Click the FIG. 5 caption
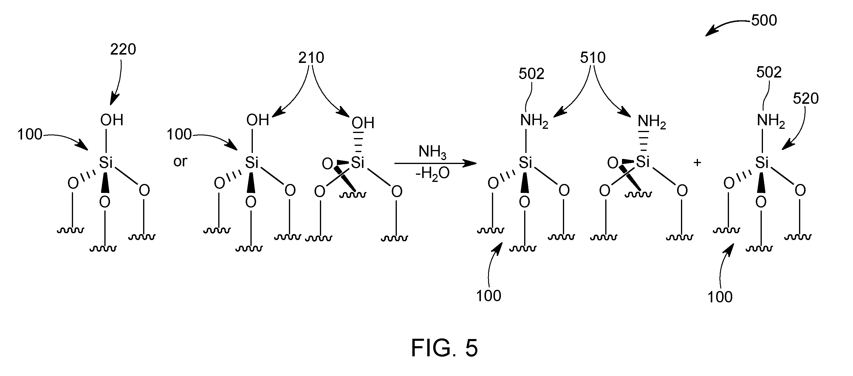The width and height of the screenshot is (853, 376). pyautogui.click(x=444, y=348)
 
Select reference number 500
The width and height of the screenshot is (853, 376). pyautogui.click(x=764, y=20)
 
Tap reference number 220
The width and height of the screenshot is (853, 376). pyautogui.click(x=123, y=49)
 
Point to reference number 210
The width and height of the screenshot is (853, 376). pyautogui.click(x=311, y=58)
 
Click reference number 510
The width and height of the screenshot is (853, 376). pyautogui.click(x=593, y=58)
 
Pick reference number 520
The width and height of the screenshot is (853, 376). pyautogui.click(x=806, y=98)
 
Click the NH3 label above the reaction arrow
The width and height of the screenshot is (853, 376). pyautogui.click(x=432, y=152)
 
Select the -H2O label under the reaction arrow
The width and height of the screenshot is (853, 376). pyautogui.click(x=432, y=173)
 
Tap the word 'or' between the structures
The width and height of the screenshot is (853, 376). pyautogui.click(x=180, y=162)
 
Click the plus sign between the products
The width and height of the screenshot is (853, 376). pyautogui.click(x=697, y=162)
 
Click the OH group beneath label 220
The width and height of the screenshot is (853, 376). pyautogui.click(x=112, y=120)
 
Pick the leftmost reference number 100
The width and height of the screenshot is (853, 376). pyautogui.click(x=30, y=134)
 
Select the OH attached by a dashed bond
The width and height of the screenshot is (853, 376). pyautogui.click(x=363, y=123)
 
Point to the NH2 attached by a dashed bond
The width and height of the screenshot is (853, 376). pyautogui.click(x=652, y=122)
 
